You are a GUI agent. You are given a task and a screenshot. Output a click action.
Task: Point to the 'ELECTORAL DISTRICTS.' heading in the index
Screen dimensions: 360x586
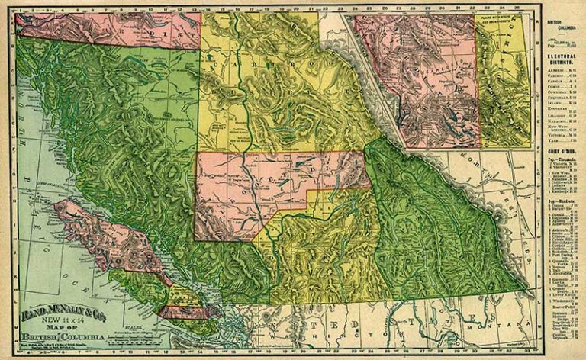coord(562,57)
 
